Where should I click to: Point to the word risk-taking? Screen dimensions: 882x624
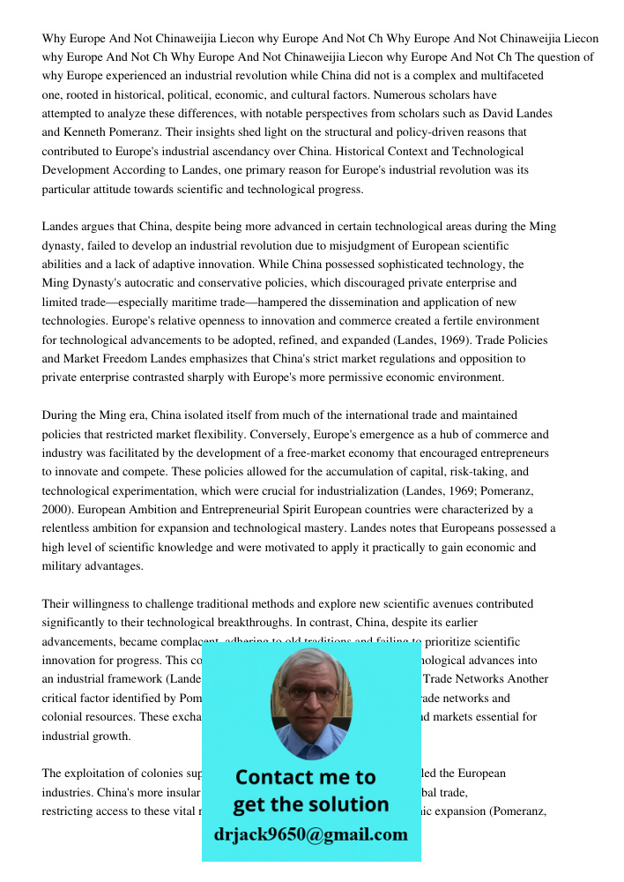click(479, 472)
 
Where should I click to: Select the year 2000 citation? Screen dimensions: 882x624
click(57, 509)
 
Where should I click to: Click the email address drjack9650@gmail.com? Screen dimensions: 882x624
click(310, 834)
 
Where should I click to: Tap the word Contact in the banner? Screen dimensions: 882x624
click(276, 777)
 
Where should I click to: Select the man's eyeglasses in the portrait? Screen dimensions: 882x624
click(310, 692)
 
